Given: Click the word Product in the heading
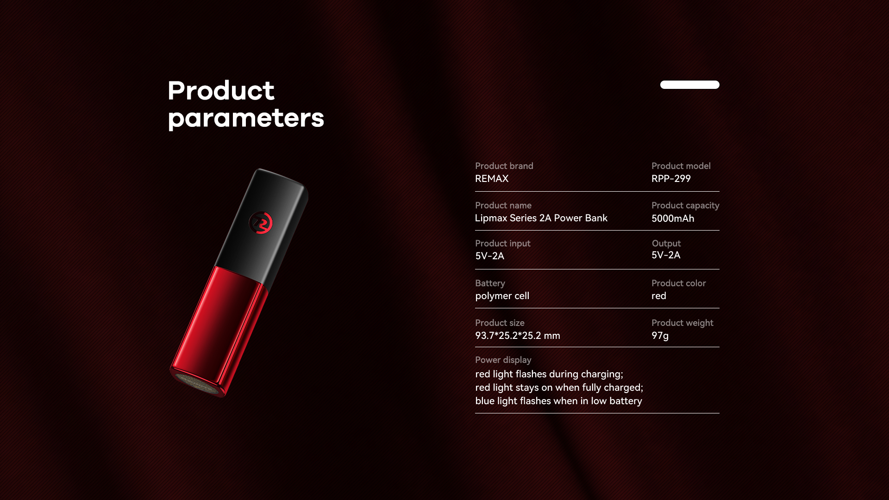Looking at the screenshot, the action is [x=221, y=90].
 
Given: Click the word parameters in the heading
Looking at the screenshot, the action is [x=246, y=119].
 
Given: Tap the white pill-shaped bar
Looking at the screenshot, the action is [x=689, y=84].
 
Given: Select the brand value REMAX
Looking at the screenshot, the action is [x=492, y=179].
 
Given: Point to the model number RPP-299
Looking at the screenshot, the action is [x=671, y=179].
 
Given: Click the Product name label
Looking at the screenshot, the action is [x=503, y=206].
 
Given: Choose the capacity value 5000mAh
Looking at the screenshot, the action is [x=673, y=219].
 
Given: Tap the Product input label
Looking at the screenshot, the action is [x=503, y=244].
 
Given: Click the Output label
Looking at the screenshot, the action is [x=666, y=244].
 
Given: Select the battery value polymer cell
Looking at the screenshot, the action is [x=502, y=296].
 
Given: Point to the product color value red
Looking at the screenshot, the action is [x=659, y=296].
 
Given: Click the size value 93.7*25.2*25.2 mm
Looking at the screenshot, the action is [x=518, y=336].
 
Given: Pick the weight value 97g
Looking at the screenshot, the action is [x=660, y=336].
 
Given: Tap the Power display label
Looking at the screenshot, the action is [x=503, y=360].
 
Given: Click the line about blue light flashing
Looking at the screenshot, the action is [x=559, y=401].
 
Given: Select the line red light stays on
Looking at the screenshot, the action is [x=559, y=387].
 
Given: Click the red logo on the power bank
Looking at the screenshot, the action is [x=261, y=223].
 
